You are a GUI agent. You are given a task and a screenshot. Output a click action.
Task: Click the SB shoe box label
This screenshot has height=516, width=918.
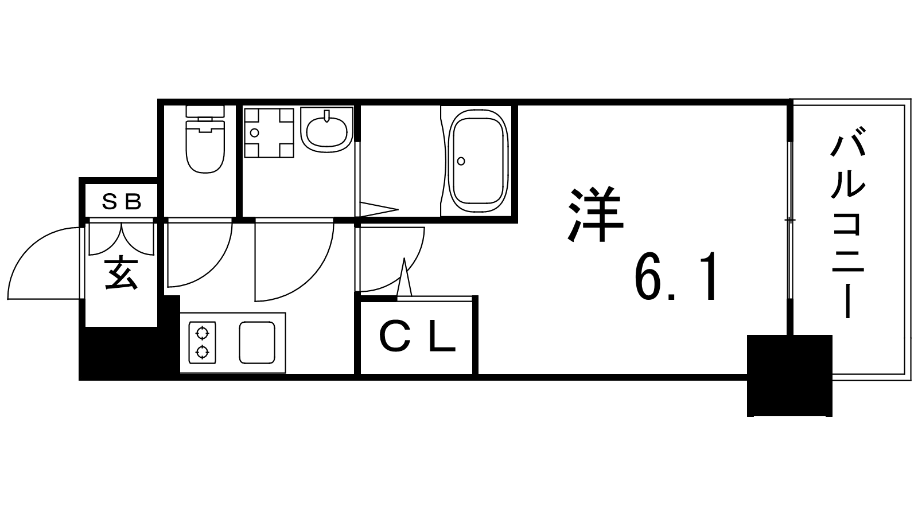[122, 201]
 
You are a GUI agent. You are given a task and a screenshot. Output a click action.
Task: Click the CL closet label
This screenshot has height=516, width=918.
[417, 339]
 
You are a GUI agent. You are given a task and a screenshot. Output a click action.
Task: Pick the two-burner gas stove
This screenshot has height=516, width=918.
[202, 342]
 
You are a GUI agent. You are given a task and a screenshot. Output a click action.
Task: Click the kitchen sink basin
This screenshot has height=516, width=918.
[256, 342]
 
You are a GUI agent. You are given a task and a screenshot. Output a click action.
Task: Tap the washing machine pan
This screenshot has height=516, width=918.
[269, 132]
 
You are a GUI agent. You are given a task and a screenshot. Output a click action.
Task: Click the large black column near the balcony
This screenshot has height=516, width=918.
[789, 375]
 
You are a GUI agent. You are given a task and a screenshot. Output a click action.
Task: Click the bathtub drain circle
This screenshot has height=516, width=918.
[461, 161]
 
